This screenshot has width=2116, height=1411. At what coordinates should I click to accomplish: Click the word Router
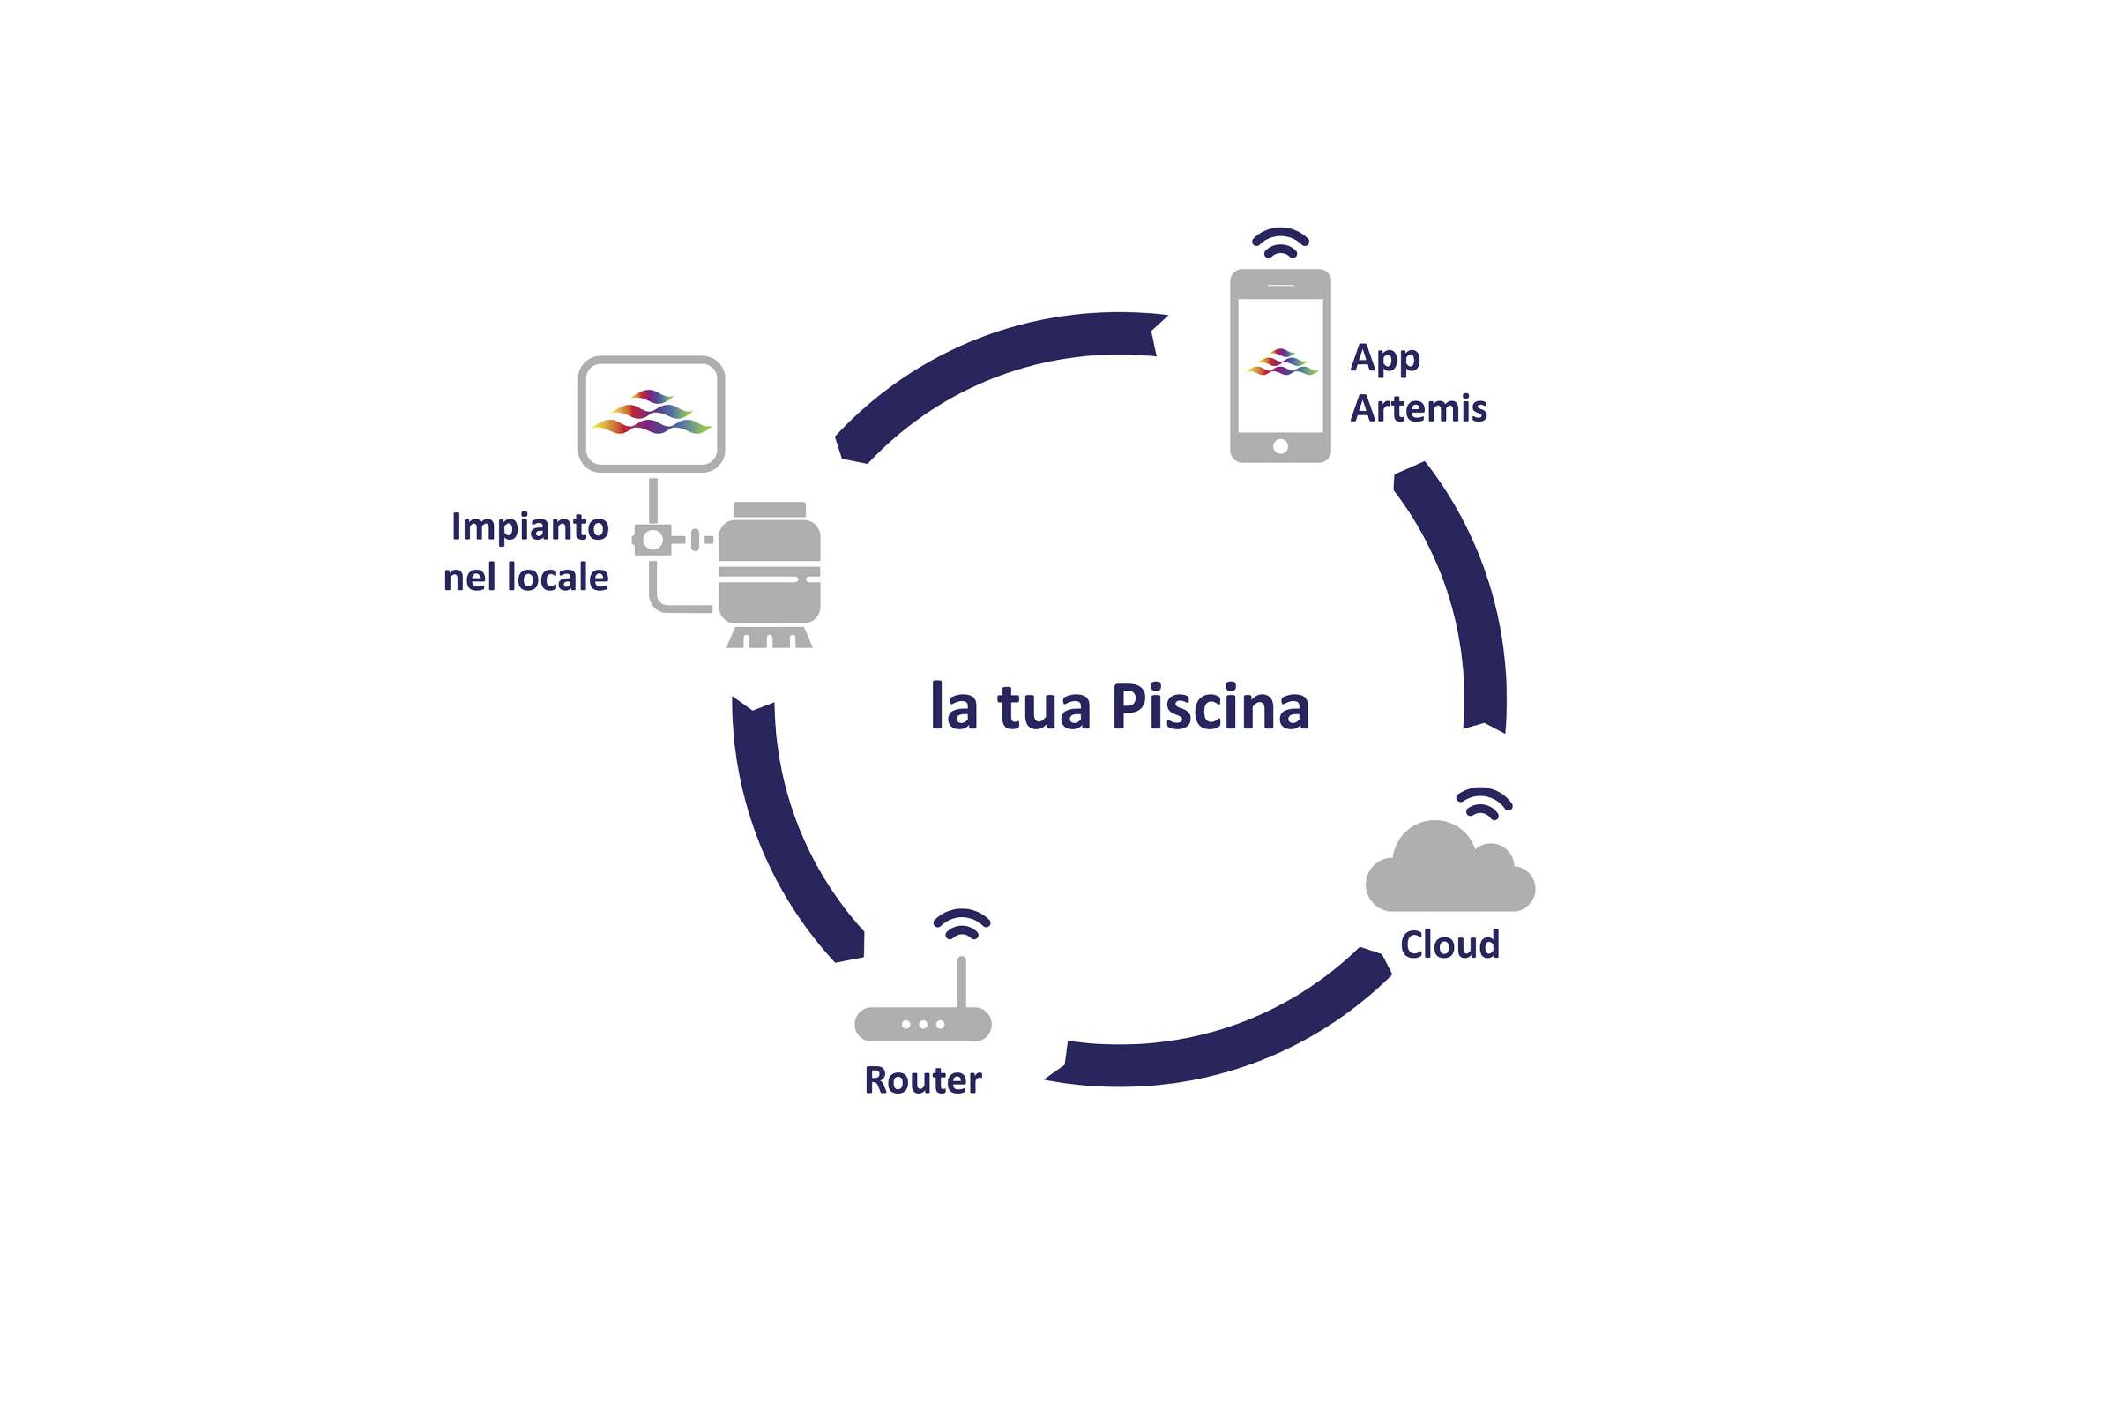[922, 1079]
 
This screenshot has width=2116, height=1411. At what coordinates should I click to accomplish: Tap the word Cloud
[1449, 944]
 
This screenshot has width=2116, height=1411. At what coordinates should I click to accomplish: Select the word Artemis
[1418, 408]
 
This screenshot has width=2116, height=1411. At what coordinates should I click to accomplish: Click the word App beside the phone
[1384, 358]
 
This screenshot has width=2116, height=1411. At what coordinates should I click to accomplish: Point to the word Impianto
[529, 526]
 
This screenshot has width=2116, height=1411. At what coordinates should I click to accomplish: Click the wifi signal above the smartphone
[1280, 243]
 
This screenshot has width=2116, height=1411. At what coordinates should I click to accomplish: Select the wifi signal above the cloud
[1485, 803]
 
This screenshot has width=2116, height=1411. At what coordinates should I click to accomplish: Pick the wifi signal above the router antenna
[962, 924]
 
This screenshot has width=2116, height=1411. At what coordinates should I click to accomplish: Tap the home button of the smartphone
[1280, 446]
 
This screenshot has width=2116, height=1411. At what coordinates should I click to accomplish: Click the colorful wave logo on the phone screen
[1282, 362]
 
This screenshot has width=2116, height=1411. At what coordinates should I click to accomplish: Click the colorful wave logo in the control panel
[652, 412]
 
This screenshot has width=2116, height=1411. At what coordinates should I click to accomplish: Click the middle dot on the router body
[923, 1025]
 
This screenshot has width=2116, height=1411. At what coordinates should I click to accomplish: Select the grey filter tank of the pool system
[769, 571]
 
